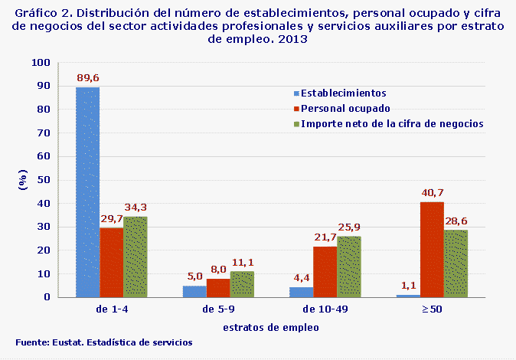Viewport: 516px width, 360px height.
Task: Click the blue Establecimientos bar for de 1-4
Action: point(87,191)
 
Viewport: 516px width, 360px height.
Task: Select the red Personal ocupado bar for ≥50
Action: point(432,249)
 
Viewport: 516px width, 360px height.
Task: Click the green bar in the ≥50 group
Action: point(456,263)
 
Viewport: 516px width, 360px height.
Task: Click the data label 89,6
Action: point(87,78)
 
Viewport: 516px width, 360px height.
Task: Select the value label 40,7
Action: point(432,193)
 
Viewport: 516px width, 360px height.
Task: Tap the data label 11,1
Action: point(242,262)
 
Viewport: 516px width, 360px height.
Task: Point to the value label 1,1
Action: point(408,286)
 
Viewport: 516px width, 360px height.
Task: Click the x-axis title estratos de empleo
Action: point(270,326)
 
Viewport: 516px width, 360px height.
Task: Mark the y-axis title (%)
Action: point(22,181)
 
